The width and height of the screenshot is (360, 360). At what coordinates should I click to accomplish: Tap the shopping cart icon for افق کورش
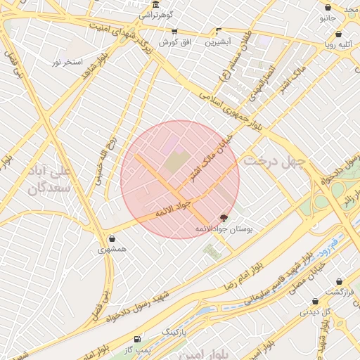174,32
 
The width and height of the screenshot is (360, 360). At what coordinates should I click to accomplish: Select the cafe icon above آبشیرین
219,31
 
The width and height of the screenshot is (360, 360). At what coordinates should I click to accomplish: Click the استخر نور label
67,63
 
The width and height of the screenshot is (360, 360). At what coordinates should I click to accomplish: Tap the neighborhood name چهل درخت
275,161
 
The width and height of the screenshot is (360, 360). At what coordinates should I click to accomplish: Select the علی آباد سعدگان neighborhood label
50,180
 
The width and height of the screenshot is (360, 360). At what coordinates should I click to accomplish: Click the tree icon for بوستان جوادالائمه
224,218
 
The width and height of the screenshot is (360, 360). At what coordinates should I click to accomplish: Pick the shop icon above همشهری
112,238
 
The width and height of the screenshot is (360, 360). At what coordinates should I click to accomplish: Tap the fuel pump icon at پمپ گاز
137,338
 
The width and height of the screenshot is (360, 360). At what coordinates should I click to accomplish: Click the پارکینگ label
175,330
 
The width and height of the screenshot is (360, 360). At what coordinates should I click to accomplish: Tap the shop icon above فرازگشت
339,281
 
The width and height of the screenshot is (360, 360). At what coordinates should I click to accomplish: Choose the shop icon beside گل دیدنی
316,302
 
